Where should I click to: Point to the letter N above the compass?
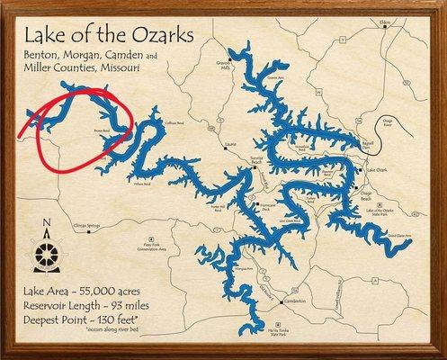tap(48, 225)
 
